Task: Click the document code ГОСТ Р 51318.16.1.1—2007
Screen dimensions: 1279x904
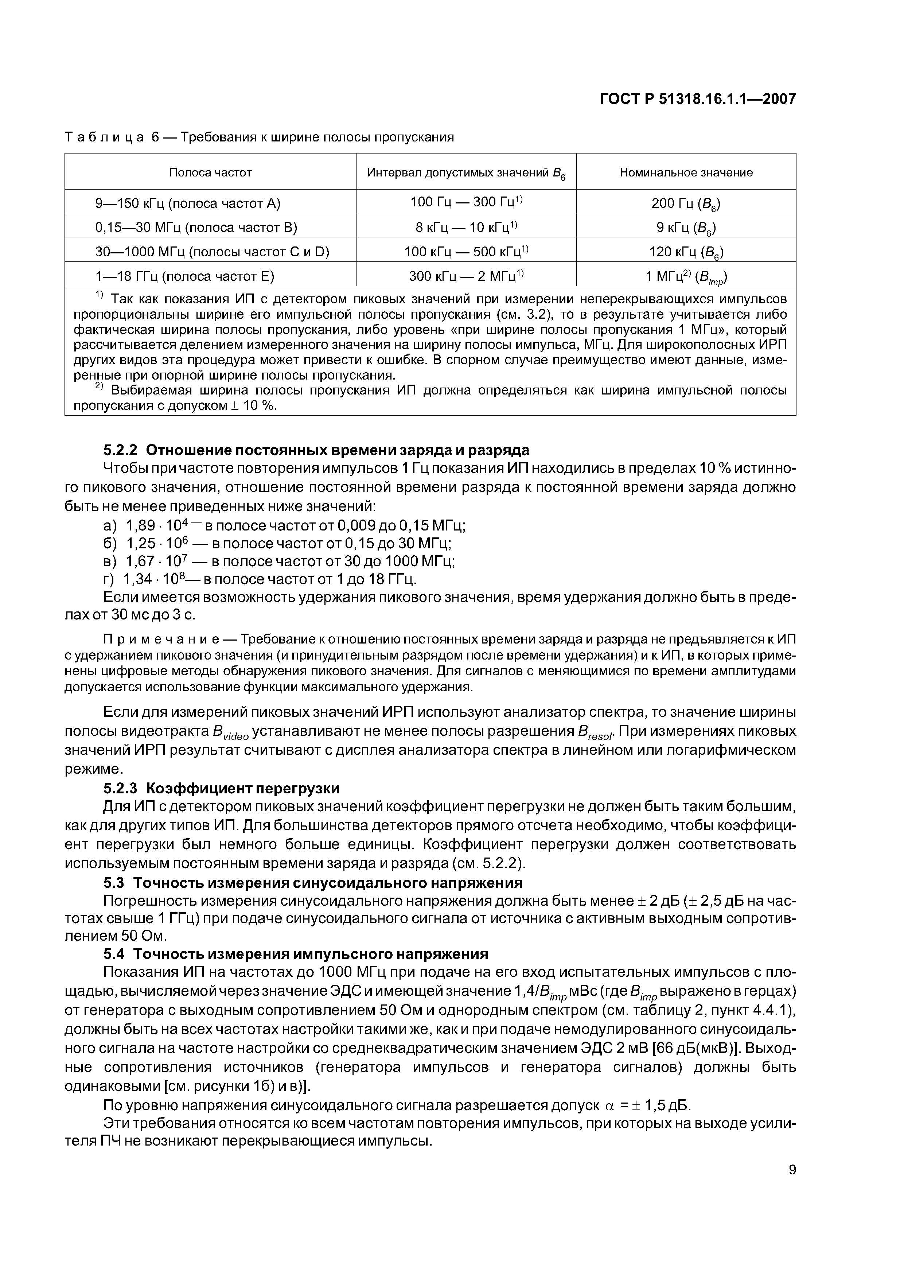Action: [697, 99]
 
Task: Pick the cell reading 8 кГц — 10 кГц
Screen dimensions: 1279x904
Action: [465, 227]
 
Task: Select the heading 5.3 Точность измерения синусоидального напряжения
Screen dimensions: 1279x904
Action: [312, 882]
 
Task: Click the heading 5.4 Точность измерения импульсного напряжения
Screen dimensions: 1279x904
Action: [295, 954]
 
